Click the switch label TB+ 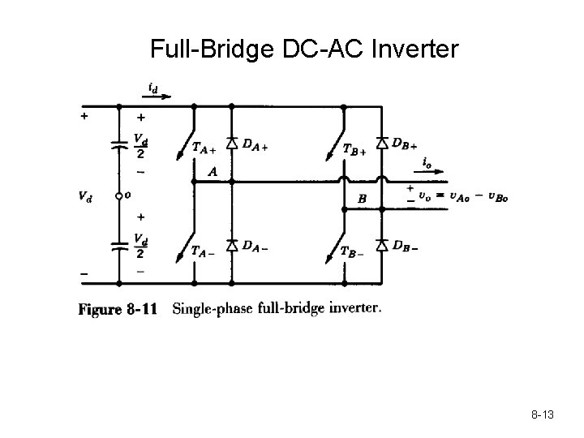pos(354,148)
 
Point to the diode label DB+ pos(403,144)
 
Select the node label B pos(363,197)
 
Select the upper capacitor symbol pos(118,146)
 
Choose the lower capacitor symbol pos(118,247)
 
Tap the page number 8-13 pos(543,415)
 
